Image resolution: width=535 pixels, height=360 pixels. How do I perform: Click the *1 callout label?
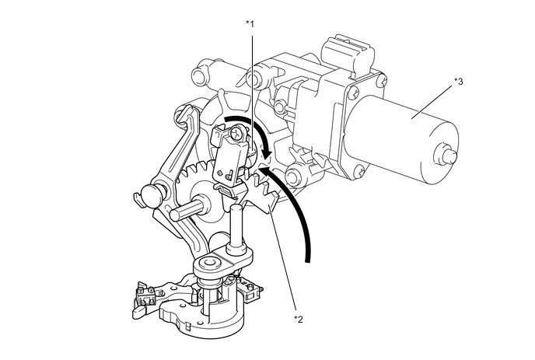pyautogui.click(x=250, y=24)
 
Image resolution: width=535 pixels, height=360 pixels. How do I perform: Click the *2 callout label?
pyautogui.click(x=297, y=319)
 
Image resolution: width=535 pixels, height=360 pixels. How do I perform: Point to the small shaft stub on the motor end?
pyautogui.click(x=446, y=155)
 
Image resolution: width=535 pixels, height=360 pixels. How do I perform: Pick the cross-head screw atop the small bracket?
pyautogui.click(x=233, y=135)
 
